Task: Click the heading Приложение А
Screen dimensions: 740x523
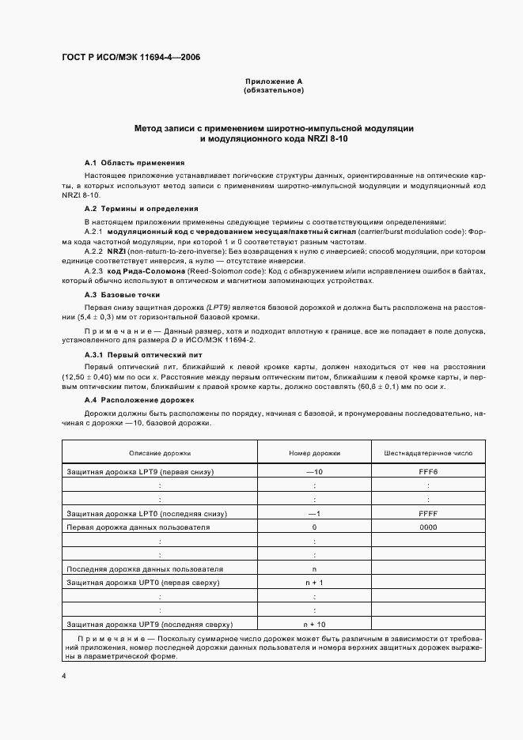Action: (274, 81)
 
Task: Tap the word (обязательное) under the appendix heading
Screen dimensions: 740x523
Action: (274, 90)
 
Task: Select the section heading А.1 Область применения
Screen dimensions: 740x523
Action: (123, 162)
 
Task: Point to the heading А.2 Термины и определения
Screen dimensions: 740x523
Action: (130, 208)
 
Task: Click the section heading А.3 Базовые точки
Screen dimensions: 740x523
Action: (117, 294)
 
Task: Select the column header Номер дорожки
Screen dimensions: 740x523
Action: (314, 454)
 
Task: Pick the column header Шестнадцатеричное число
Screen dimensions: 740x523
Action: (428, 454)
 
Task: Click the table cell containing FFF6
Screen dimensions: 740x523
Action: (428, 472)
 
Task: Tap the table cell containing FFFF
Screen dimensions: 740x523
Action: (428, 514)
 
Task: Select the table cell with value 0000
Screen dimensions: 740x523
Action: (428, 527)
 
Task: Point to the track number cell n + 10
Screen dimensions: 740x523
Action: (314, 625)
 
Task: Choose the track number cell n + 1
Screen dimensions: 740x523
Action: (314, 583)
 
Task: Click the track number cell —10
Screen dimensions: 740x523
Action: (314, 472)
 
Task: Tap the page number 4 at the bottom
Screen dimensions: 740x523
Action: (63, 676)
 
